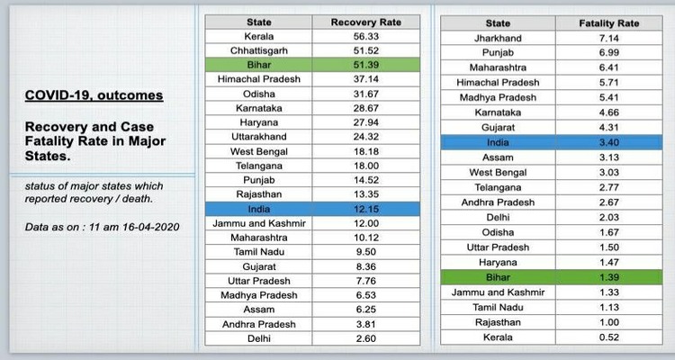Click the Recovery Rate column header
click(365, 22)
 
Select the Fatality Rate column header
click(609, 23)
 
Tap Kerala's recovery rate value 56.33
click(365, 36)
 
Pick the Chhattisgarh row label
click(259, 50)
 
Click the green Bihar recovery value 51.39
click(365, 65)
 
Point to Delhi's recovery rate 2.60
click(365, 339)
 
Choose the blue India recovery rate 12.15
click(365, 208)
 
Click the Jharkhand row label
click(498, 39)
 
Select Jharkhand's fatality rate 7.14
click(609, 39)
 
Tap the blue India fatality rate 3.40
click(609, 141)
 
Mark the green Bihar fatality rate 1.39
click(609, 277)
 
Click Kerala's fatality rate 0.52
click(609, 337)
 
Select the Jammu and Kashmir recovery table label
click(259, 222)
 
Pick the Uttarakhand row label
click(259, 137)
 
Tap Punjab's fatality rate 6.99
click(609, 53)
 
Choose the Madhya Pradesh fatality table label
click(498, 97)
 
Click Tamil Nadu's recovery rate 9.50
click(365, 252)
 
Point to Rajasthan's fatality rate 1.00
click(609, 321)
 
